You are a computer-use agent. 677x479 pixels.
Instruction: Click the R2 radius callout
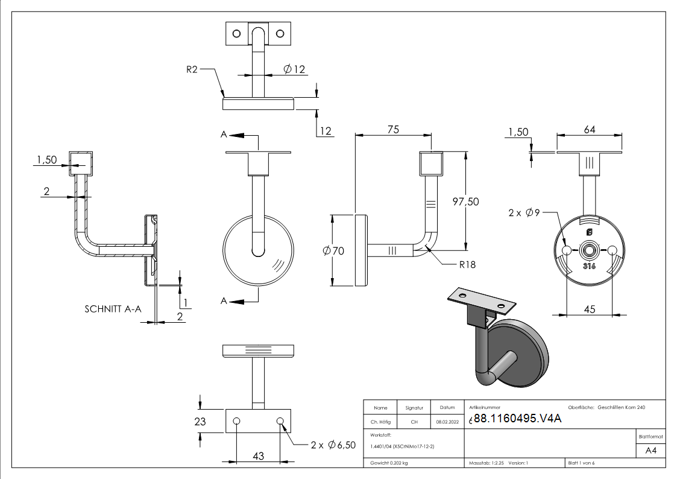coord(192,69)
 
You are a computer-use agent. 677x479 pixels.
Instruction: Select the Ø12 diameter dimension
coord(294,69)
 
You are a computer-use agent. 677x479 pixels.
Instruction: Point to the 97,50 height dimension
coord(465,201)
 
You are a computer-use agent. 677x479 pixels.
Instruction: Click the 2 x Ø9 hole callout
coord(523,212)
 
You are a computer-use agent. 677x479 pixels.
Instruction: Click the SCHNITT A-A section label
coord(113,309)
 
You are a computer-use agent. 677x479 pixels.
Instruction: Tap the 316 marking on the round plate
coord(589,266)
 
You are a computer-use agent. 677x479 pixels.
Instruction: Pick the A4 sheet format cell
coord(650,450)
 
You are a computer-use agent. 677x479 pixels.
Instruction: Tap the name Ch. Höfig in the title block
coord(380,422)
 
